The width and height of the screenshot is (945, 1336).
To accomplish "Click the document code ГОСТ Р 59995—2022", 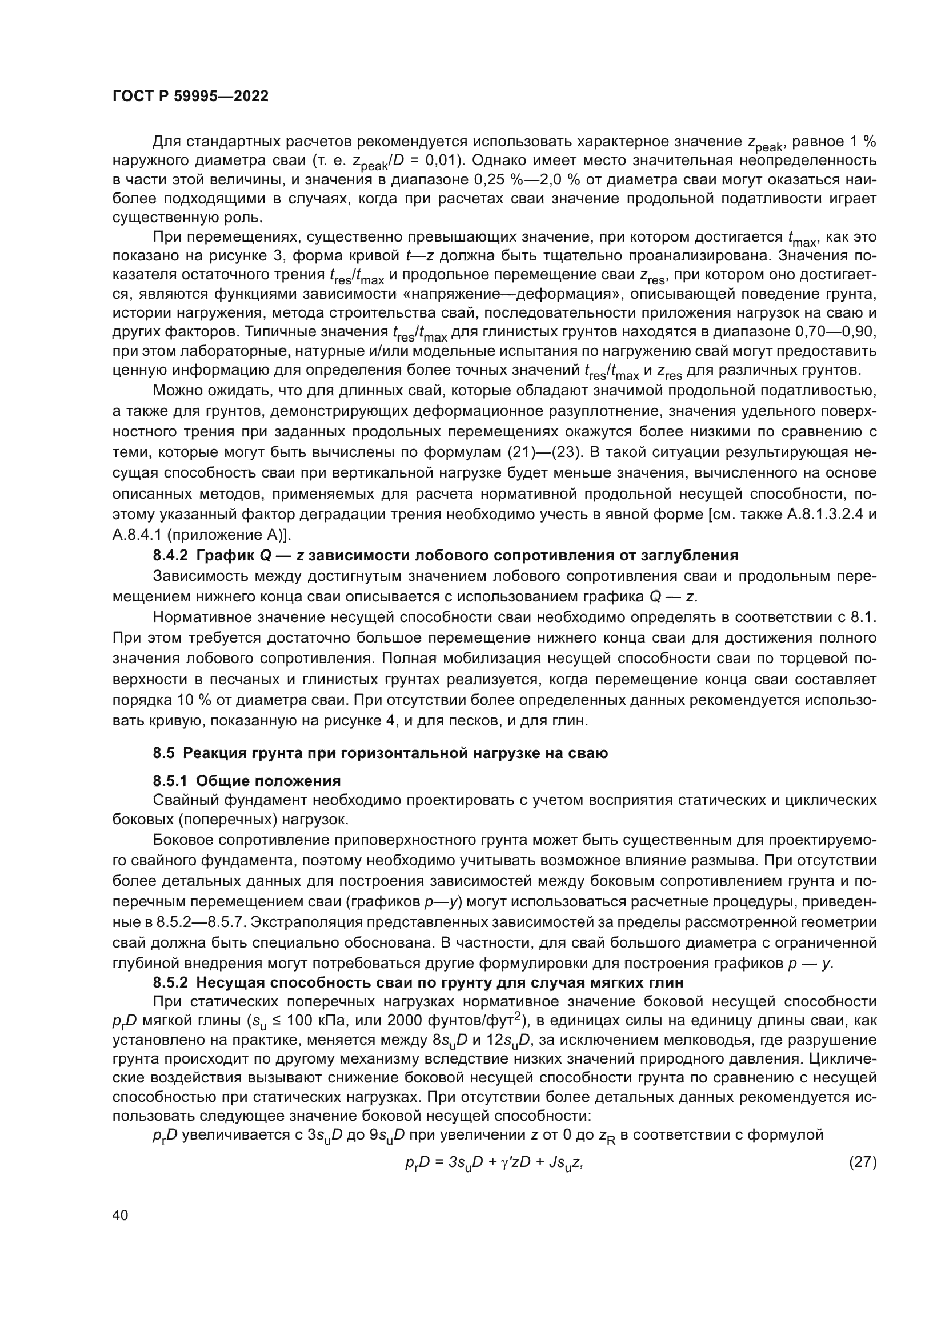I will pos(190,97).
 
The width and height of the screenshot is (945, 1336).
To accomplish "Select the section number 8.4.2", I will pos(170,555).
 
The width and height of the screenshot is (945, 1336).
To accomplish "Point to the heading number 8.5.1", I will pos(170,780).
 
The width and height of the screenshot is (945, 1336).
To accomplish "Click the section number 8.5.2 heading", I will pos(170,983).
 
